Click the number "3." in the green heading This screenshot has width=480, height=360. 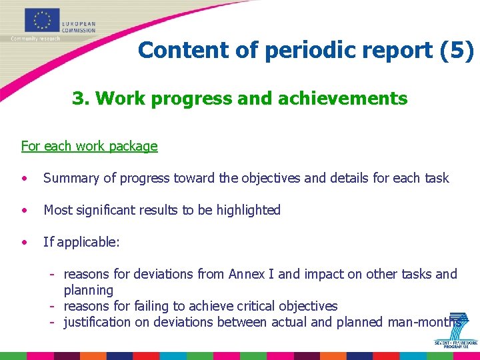point(81,99)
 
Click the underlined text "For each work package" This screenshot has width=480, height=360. point(89,146)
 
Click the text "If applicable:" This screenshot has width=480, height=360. point(81,242)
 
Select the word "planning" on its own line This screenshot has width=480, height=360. point(88,290)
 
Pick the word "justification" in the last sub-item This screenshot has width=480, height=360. point(97,322)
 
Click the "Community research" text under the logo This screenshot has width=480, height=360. point(35,39)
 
